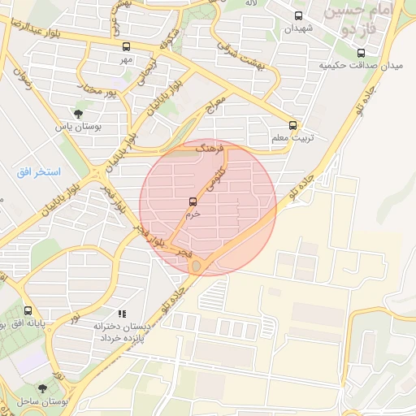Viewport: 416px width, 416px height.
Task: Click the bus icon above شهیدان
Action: (x=299, y=15)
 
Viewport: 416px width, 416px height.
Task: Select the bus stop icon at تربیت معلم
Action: (x=293, y=126)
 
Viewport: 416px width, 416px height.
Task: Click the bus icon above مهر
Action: (x=125, y=47)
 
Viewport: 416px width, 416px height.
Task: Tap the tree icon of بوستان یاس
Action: (x=78, y=114)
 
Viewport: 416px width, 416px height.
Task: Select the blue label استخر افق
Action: (x=33, y=173)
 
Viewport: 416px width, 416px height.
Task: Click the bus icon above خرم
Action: (x=193, y=201)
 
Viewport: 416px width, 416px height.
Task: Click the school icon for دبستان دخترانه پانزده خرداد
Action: (x=122, y=313)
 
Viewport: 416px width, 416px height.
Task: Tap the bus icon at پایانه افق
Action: (x=28, y=310)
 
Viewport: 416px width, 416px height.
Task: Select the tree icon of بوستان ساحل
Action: (x=42, y=389)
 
